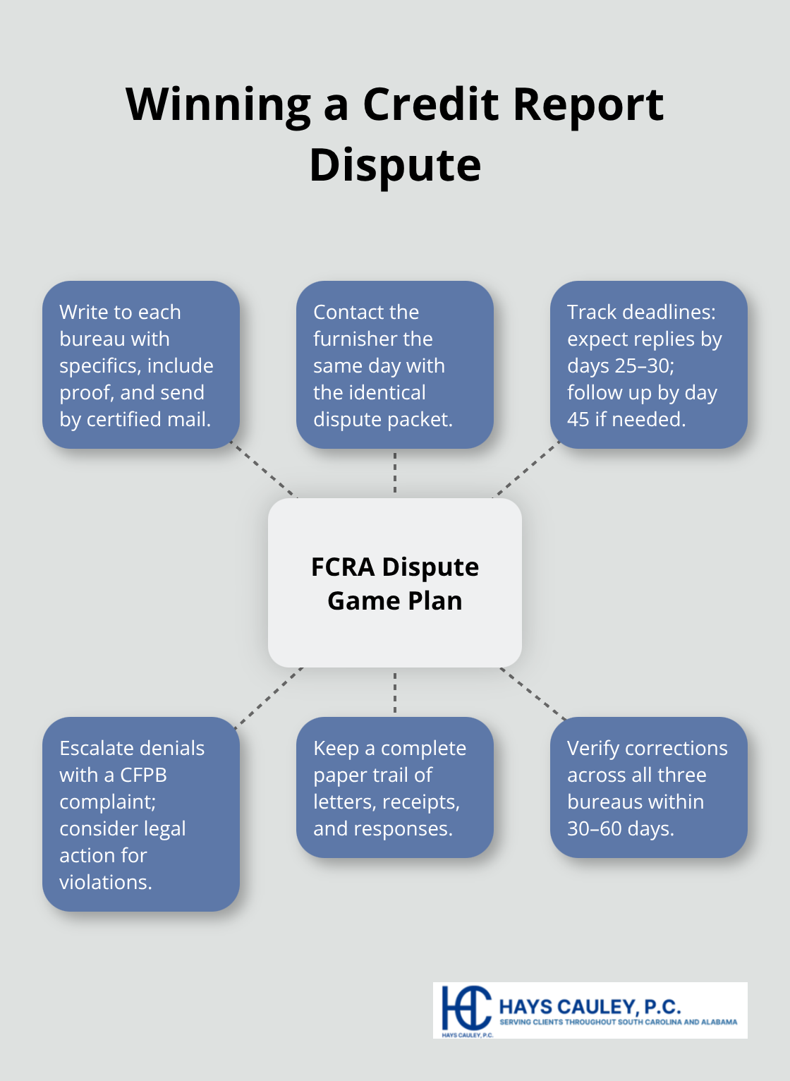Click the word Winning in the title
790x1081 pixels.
tap(218, 104)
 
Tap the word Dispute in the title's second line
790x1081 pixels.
tap(395, 165)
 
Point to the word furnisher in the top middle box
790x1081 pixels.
tap(372, 339)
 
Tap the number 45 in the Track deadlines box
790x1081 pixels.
tap(578, 419)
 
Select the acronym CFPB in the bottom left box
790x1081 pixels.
tap(143, 775)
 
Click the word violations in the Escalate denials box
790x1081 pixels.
tap(105, 882)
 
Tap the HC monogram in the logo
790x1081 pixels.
tap(465, 1008)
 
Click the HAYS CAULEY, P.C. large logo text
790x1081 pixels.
tap(590, 1006)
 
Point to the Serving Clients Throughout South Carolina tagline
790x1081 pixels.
tap(618, 1022)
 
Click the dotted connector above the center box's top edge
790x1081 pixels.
tap(395, 473)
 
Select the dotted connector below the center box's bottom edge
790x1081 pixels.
tap(395, 692)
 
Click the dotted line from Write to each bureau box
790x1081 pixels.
tap(265, 471)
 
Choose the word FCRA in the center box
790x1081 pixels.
tap(343, 567)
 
